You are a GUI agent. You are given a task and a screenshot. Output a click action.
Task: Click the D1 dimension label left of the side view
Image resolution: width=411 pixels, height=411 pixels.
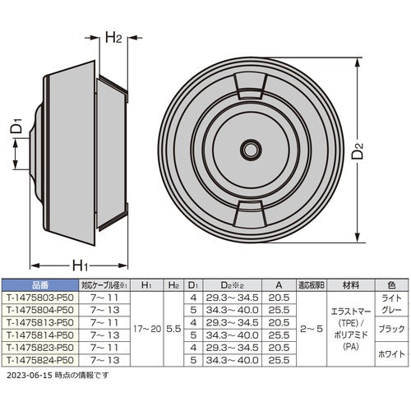16,128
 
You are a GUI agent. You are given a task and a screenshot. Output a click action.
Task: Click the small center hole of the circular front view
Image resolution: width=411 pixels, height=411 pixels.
247,150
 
